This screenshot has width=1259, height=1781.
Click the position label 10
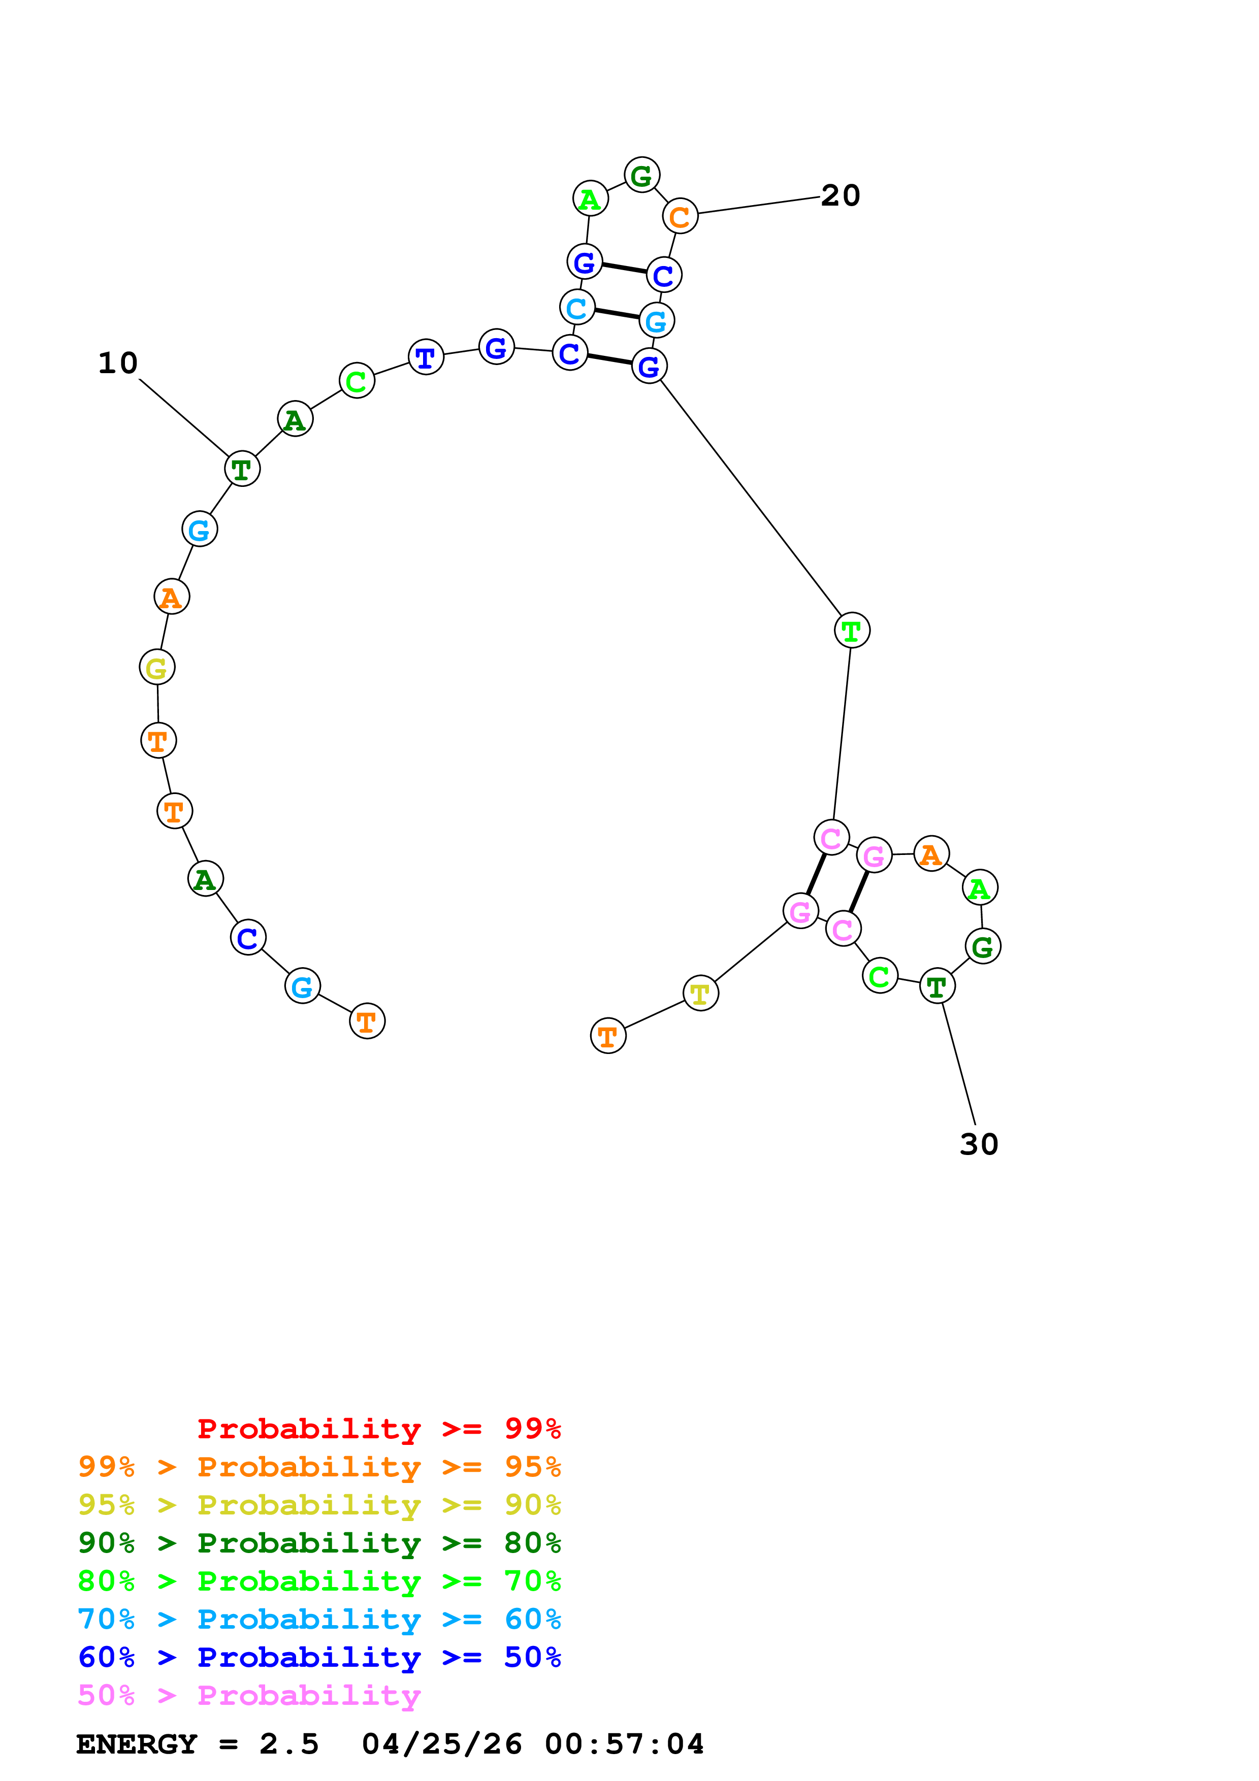[x=118, y=363]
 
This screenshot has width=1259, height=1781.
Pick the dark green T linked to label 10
[x=242, y=469]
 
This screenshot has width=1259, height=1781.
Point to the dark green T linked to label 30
[x=937, y=986]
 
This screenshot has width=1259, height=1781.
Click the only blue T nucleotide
[x=426, y=357]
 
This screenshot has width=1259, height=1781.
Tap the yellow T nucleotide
[x=700, y=993]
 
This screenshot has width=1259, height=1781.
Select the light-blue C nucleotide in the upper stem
[x=576, y=308]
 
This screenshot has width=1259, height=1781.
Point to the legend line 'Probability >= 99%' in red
[x=378, y=1428]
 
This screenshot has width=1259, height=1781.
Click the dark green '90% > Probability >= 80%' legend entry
[x=319, y=1543]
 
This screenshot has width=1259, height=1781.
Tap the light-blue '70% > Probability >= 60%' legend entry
[x=319, y=1619]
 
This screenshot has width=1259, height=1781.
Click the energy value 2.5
[x=288, y=1744]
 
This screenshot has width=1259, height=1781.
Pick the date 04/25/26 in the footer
[x=441, y=1744]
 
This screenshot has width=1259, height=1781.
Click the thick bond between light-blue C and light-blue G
[x=617, y=314]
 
